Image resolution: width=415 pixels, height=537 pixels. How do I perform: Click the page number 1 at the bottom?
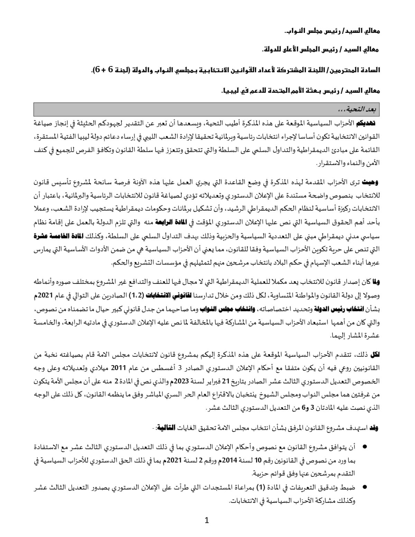(x=207, y=520)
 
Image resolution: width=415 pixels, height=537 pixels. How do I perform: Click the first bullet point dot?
(x=364, y=447)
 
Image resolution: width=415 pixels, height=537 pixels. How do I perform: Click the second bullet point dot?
(x=364, y=487)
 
